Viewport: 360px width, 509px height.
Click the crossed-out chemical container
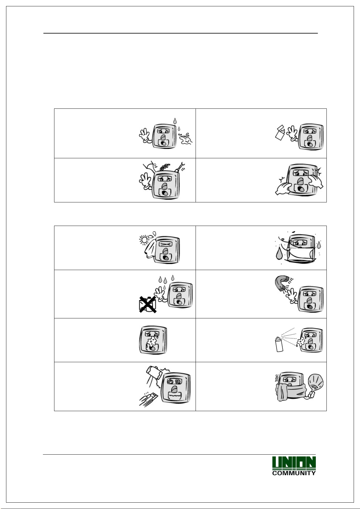(148, 304)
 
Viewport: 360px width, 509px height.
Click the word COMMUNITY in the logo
(294, 473)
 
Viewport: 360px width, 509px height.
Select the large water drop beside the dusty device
(279, 253)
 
